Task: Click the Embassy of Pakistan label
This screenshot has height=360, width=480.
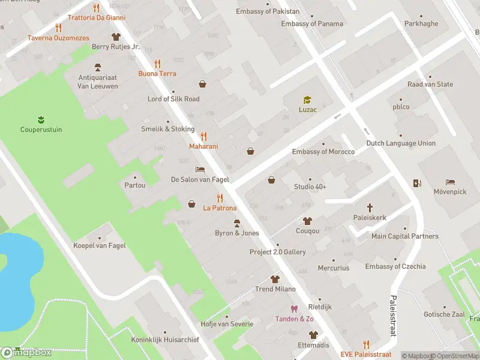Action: coord(268,11)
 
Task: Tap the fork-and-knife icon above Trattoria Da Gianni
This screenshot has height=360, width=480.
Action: coord(97,8)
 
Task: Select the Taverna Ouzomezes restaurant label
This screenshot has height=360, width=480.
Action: coord(58,38)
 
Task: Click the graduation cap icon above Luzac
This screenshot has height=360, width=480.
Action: coord(307,100)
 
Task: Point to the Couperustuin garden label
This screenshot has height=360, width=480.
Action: coord(41,130)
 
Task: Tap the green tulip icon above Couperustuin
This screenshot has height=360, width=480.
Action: coord(41,119)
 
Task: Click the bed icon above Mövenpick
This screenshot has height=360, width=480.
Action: coord(450,182)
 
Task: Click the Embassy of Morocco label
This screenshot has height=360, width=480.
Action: coord(323,152)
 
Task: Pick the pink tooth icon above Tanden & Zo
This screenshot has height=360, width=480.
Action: coord(294,309)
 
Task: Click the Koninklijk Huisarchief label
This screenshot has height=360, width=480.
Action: coord(165,340)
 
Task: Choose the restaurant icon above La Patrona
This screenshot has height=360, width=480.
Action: coord(220,198)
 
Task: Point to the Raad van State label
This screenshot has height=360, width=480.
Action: coord(430,85)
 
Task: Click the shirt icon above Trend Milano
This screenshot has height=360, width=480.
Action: coord(275,279)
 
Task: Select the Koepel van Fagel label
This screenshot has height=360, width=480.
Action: coord(99,245)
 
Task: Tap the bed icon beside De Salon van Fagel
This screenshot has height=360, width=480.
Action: coord(200,169)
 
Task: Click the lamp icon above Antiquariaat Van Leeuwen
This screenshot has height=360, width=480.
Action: coord(97,67)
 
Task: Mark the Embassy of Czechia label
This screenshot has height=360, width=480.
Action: coord(395,266)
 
